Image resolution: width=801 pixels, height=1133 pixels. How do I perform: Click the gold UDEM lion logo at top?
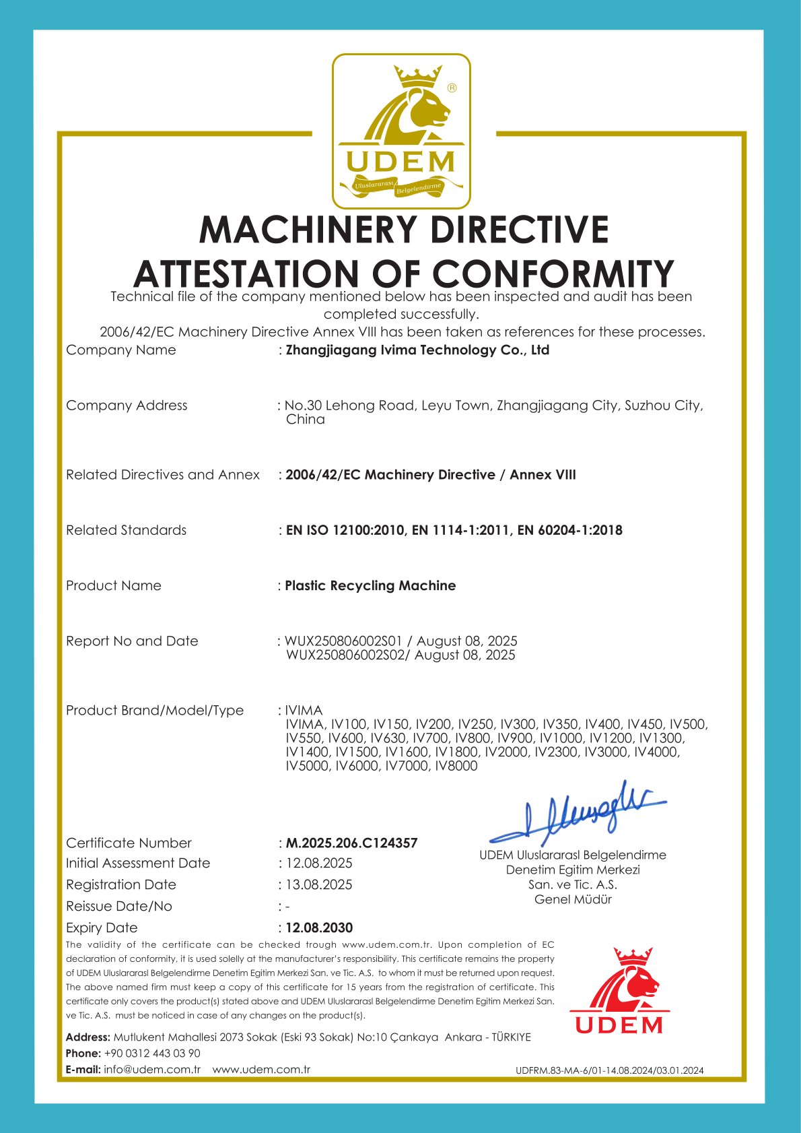[x=401, y=131]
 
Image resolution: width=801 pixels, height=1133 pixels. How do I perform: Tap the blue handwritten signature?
[x=578, y=814]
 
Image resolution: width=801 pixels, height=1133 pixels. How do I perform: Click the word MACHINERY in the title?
[x=310, y=230]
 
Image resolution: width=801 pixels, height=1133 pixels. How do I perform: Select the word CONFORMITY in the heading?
[x=553, y=274]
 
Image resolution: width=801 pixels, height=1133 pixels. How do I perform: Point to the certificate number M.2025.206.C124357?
[x=351, y=843]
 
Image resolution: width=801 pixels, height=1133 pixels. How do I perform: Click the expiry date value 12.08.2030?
[x=319, y=928]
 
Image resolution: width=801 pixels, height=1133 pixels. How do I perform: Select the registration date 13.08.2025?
[x=319, y=884]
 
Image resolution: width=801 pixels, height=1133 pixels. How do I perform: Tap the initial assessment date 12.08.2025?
[x=319, y=863]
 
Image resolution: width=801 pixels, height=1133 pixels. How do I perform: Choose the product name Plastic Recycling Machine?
[x=370, y=585]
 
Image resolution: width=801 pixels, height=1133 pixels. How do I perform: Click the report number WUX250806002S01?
[x=343, y=641]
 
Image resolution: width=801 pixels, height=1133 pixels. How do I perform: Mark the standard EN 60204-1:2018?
[x=569, y=530]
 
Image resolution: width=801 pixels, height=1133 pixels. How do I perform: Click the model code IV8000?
[x=456, y=766]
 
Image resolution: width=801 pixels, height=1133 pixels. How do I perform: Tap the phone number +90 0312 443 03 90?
[x=152, y=1053]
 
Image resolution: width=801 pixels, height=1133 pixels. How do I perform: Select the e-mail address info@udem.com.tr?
[x=152, y=1069]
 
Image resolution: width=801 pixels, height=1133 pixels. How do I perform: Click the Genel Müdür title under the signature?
[x=573, y=899]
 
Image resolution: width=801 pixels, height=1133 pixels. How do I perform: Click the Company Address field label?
[x=127, y=405]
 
